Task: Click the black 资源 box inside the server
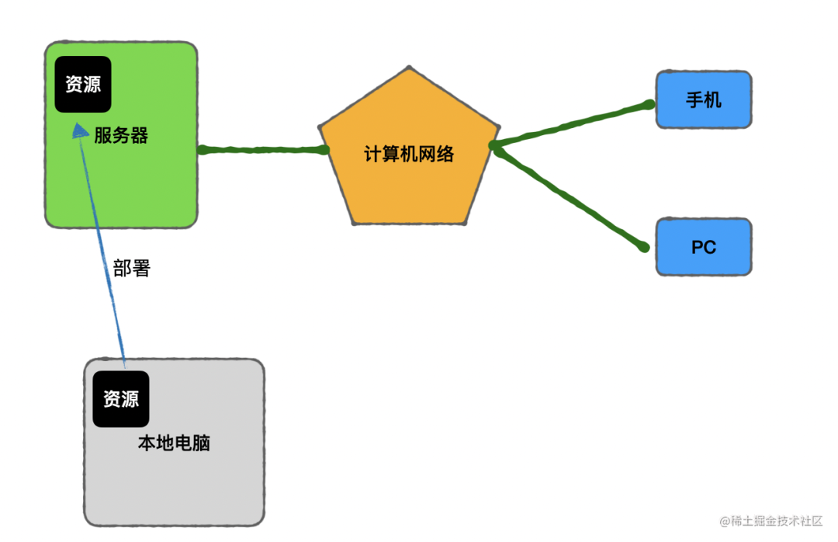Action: tap(83, 84)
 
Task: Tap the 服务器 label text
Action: tap(121, 136)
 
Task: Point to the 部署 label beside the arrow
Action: tap(131, 269)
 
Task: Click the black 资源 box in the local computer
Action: tap(121, 399)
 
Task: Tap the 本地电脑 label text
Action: tap(174, 443)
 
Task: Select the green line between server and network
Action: tap(262, 150)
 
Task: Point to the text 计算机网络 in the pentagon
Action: tap(409, 154)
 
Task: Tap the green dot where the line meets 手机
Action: tap(649, 104)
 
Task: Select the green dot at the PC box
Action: tap(643, 247)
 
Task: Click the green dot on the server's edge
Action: tap(203, 150)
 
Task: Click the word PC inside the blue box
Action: tap(704, 248)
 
